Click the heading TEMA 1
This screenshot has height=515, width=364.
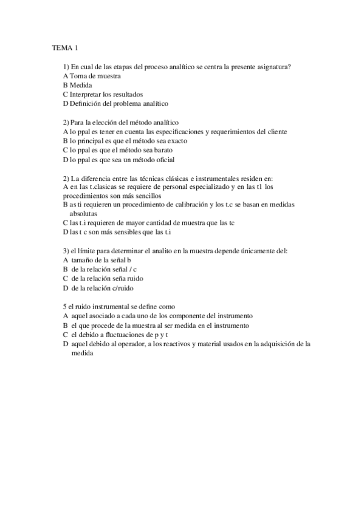click(64, 47)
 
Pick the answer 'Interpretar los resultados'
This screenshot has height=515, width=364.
click(106, 94)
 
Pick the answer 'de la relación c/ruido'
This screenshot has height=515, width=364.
click(102, 288)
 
